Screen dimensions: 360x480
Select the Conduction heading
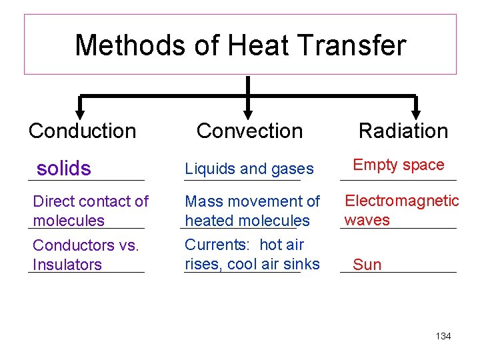82,131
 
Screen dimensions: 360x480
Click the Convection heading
249,131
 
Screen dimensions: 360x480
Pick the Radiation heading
403,131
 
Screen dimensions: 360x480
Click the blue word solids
64,169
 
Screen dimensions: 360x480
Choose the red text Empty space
398,165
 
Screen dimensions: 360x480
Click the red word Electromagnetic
401,201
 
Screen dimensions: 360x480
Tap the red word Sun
367,265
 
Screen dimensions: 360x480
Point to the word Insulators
67,265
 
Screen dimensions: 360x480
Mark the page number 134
443,336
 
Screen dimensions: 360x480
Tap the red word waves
367,220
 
